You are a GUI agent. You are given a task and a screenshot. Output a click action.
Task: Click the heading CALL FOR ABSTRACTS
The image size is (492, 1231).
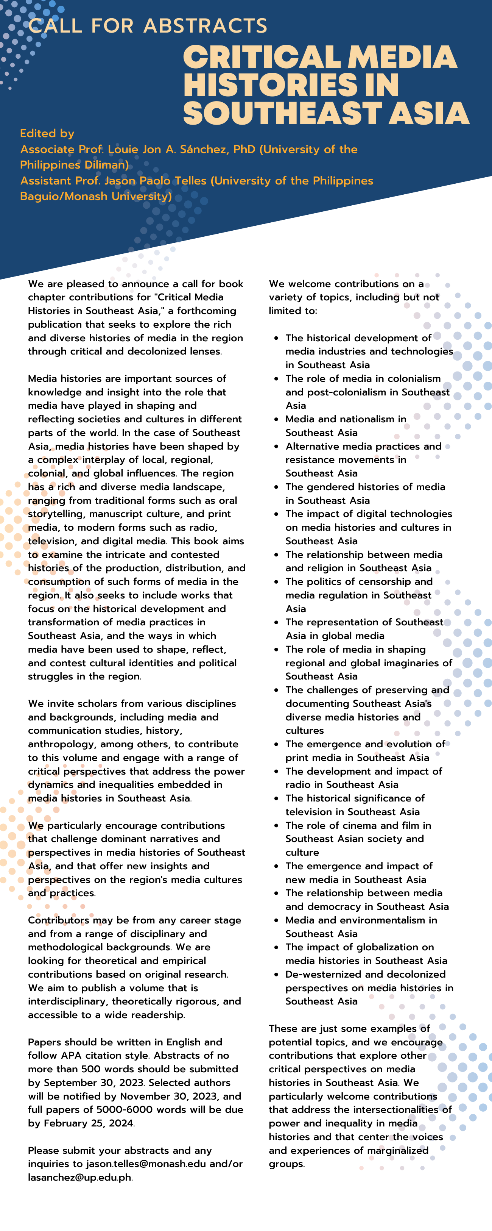[x=148, y=26]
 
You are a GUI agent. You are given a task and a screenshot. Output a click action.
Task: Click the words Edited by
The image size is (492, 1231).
[x=47, y=133]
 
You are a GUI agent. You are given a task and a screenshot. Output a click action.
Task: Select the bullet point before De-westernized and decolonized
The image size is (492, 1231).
[x=276, y=974]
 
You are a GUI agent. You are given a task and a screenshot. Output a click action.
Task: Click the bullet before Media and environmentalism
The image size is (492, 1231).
[x=276, y=920]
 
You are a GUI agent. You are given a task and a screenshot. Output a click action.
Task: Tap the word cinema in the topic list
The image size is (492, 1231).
[x=358, y=825]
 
